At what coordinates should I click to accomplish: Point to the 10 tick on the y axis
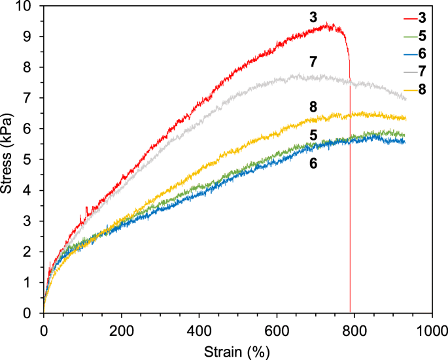pos(26,6)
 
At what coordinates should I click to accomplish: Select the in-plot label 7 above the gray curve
pos(313,62)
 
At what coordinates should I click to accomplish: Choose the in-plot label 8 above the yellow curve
pos(313,106)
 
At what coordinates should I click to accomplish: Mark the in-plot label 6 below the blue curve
pos(313,163)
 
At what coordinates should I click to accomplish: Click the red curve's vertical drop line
pos(350,196)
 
